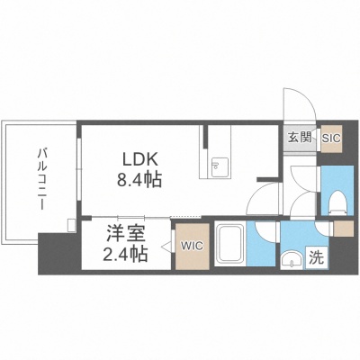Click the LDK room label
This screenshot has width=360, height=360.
click(139, 160)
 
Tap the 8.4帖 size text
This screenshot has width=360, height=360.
click(139, 180)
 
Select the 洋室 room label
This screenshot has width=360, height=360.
click(126, 235)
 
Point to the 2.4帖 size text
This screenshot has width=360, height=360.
click(125, 255)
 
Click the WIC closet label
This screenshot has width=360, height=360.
click(192, 247)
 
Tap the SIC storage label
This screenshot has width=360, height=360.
click(331, 139)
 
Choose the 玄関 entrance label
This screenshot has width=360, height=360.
click(299, 138)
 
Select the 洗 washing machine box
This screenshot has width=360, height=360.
click(317, 257)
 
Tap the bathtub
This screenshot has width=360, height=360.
click(230, 244)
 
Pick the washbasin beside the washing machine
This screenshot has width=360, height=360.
click(292, 260)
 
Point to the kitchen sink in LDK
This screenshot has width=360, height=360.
click(220, 166)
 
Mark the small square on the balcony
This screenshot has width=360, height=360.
click(72, 226)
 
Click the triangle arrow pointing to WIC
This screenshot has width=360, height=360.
click(166, 247)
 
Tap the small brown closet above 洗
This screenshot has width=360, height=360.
click(344, 229)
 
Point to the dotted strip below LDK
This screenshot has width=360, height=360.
click(185, 217)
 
